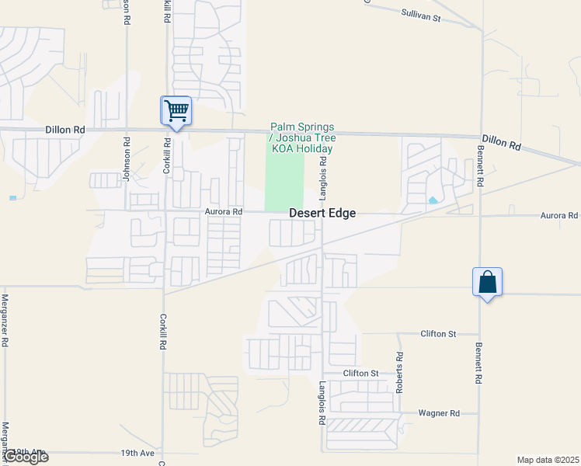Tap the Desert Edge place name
click(x=322, y=214)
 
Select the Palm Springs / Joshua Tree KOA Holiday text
click(x=302, y=137)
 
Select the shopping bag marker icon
click(x=487, y=282)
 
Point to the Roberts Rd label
click(x=400, y=373)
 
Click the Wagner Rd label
click(x=439, y=413)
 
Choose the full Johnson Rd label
click(x=126, y=159)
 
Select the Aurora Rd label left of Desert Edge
click(x=224, y=211)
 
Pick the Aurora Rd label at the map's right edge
click(x=559, y=215)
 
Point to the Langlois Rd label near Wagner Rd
click(x=322, y=403)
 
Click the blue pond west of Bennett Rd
click(x=432, y=200)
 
